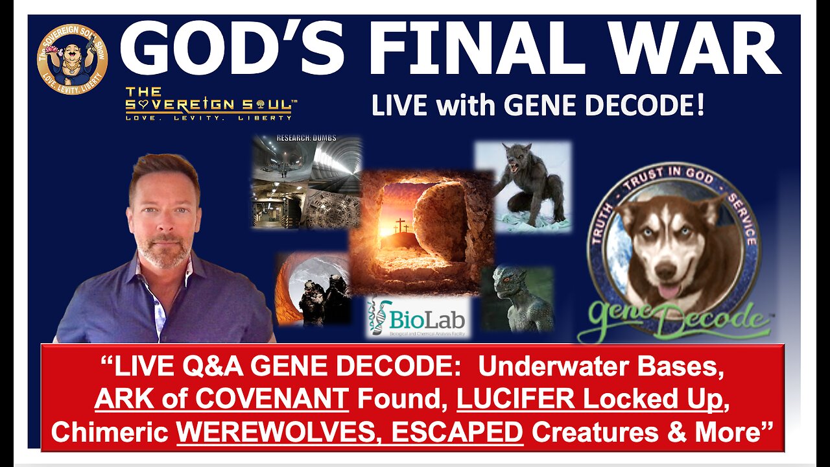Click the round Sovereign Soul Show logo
(73, 59)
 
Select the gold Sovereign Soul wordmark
(208, 104)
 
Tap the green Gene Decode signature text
(674, 318)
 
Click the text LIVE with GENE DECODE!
(538, 105)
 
